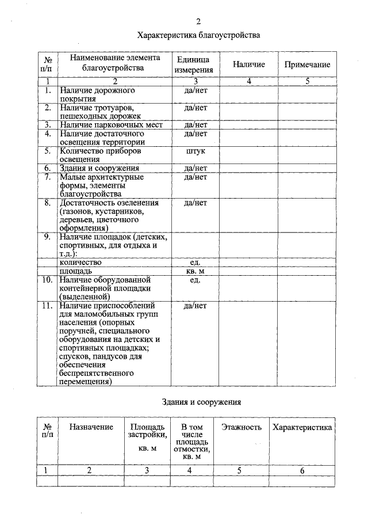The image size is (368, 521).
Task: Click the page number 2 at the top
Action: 198,22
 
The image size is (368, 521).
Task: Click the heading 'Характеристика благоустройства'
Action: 198,36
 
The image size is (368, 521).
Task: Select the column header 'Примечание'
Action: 307,64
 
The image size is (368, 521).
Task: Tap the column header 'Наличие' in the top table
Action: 248,64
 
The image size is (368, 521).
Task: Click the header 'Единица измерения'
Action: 195,64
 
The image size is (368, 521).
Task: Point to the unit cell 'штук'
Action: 195,151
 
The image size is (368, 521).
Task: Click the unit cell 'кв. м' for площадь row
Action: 195,271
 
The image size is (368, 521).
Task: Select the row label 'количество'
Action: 80,262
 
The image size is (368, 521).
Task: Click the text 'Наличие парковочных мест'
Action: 111,125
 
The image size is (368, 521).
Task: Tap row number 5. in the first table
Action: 48,151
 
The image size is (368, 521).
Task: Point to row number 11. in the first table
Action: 48,305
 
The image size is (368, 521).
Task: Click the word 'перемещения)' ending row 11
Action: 85,381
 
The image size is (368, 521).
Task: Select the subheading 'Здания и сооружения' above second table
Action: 201,402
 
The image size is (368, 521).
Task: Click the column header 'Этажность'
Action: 241,427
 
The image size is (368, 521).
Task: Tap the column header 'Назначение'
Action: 91,427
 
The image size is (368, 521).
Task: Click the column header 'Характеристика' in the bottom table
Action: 302,427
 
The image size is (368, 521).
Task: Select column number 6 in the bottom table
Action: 302,470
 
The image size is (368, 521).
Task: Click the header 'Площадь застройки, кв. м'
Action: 147,436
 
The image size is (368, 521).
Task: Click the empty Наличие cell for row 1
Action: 248,94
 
